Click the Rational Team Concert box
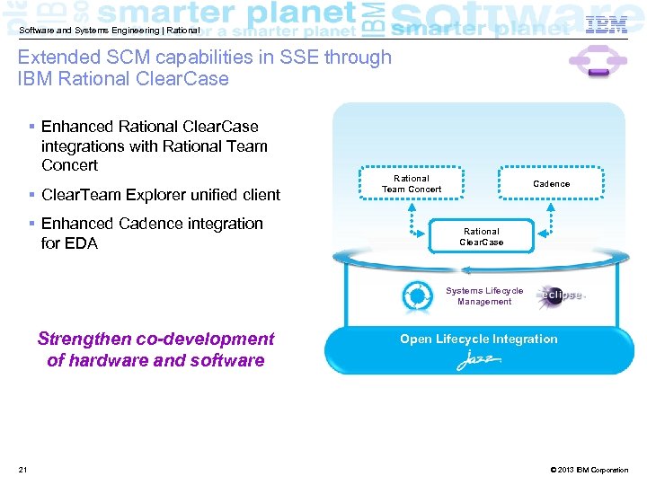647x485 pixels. (x=412, y=183)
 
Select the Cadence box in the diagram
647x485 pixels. (x=551, y=183)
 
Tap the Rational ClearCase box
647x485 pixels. (x=482, y=237)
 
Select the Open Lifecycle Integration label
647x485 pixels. (x=478, y=339)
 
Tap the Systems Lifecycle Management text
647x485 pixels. (x=484, y=296)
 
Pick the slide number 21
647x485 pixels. (x=22, y=470)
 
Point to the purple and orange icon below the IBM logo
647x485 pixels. (x=590, y=62)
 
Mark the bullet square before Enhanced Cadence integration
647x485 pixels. (x=31, y=224)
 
